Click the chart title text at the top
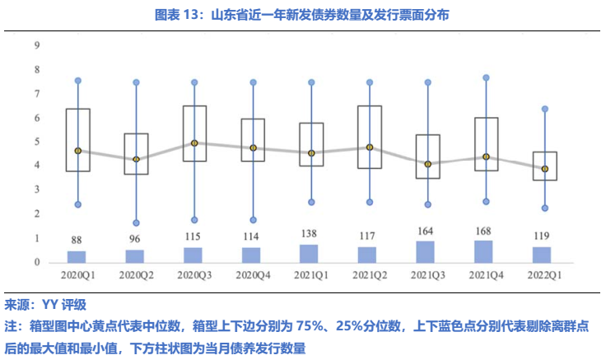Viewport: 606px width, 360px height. point(302,14)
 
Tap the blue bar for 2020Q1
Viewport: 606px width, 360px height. point(77,256)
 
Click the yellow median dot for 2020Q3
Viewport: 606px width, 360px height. point(194,143)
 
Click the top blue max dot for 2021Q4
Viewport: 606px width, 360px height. point(486,77)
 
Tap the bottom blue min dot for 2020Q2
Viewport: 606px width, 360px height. point(136,223)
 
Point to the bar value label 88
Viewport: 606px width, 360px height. point(77,241)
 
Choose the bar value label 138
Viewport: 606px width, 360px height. point(310,235)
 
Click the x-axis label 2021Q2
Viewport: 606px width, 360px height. point(368,274)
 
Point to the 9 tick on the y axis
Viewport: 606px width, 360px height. point(36,45)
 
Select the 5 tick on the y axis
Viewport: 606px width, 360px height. point(36,142)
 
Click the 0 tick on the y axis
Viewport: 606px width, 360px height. point(36,263)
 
